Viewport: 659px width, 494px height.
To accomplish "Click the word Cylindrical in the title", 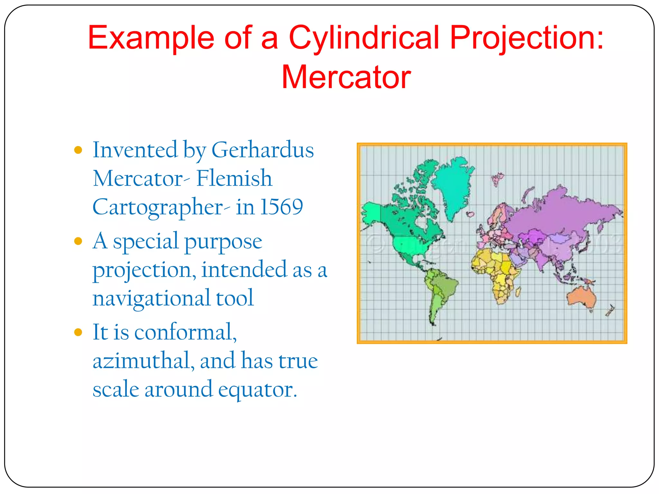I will [364, 38].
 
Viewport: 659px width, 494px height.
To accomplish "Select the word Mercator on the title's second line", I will [346, 77].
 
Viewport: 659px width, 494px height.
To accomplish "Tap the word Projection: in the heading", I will [526, 38].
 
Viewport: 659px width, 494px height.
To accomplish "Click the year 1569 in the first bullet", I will [282, 207].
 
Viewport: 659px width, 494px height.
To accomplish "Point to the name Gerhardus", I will [263, 150].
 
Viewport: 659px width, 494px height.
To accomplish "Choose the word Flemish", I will [234, 178].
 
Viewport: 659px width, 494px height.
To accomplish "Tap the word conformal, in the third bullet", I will [185, 332].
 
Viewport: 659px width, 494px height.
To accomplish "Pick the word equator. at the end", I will [257, 389].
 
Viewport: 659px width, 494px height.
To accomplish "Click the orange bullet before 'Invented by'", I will [78, 150].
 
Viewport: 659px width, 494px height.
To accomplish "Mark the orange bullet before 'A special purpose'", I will [78, 241].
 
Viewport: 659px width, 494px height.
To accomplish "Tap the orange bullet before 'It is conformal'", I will [78, 332].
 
